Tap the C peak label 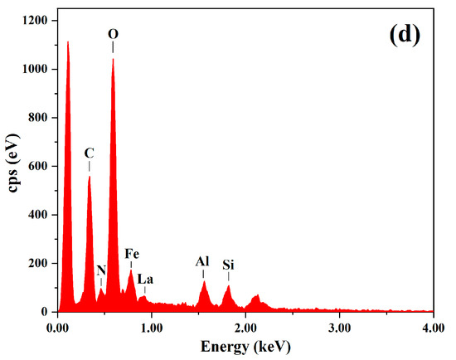[x=89, y=153]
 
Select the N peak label [x=101, y=270]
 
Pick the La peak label [x=146, y=279]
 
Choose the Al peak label [x=202, y=261]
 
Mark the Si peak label [x=228, y=265]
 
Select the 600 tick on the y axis [x=40, y=166]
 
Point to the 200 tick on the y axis [x=40, y=263]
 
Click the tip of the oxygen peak [x=113, y=59]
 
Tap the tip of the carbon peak [x=89, y=177]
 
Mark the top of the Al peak [x=204, y=281]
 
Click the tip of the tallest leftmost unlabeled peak [x=68, y=41]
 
